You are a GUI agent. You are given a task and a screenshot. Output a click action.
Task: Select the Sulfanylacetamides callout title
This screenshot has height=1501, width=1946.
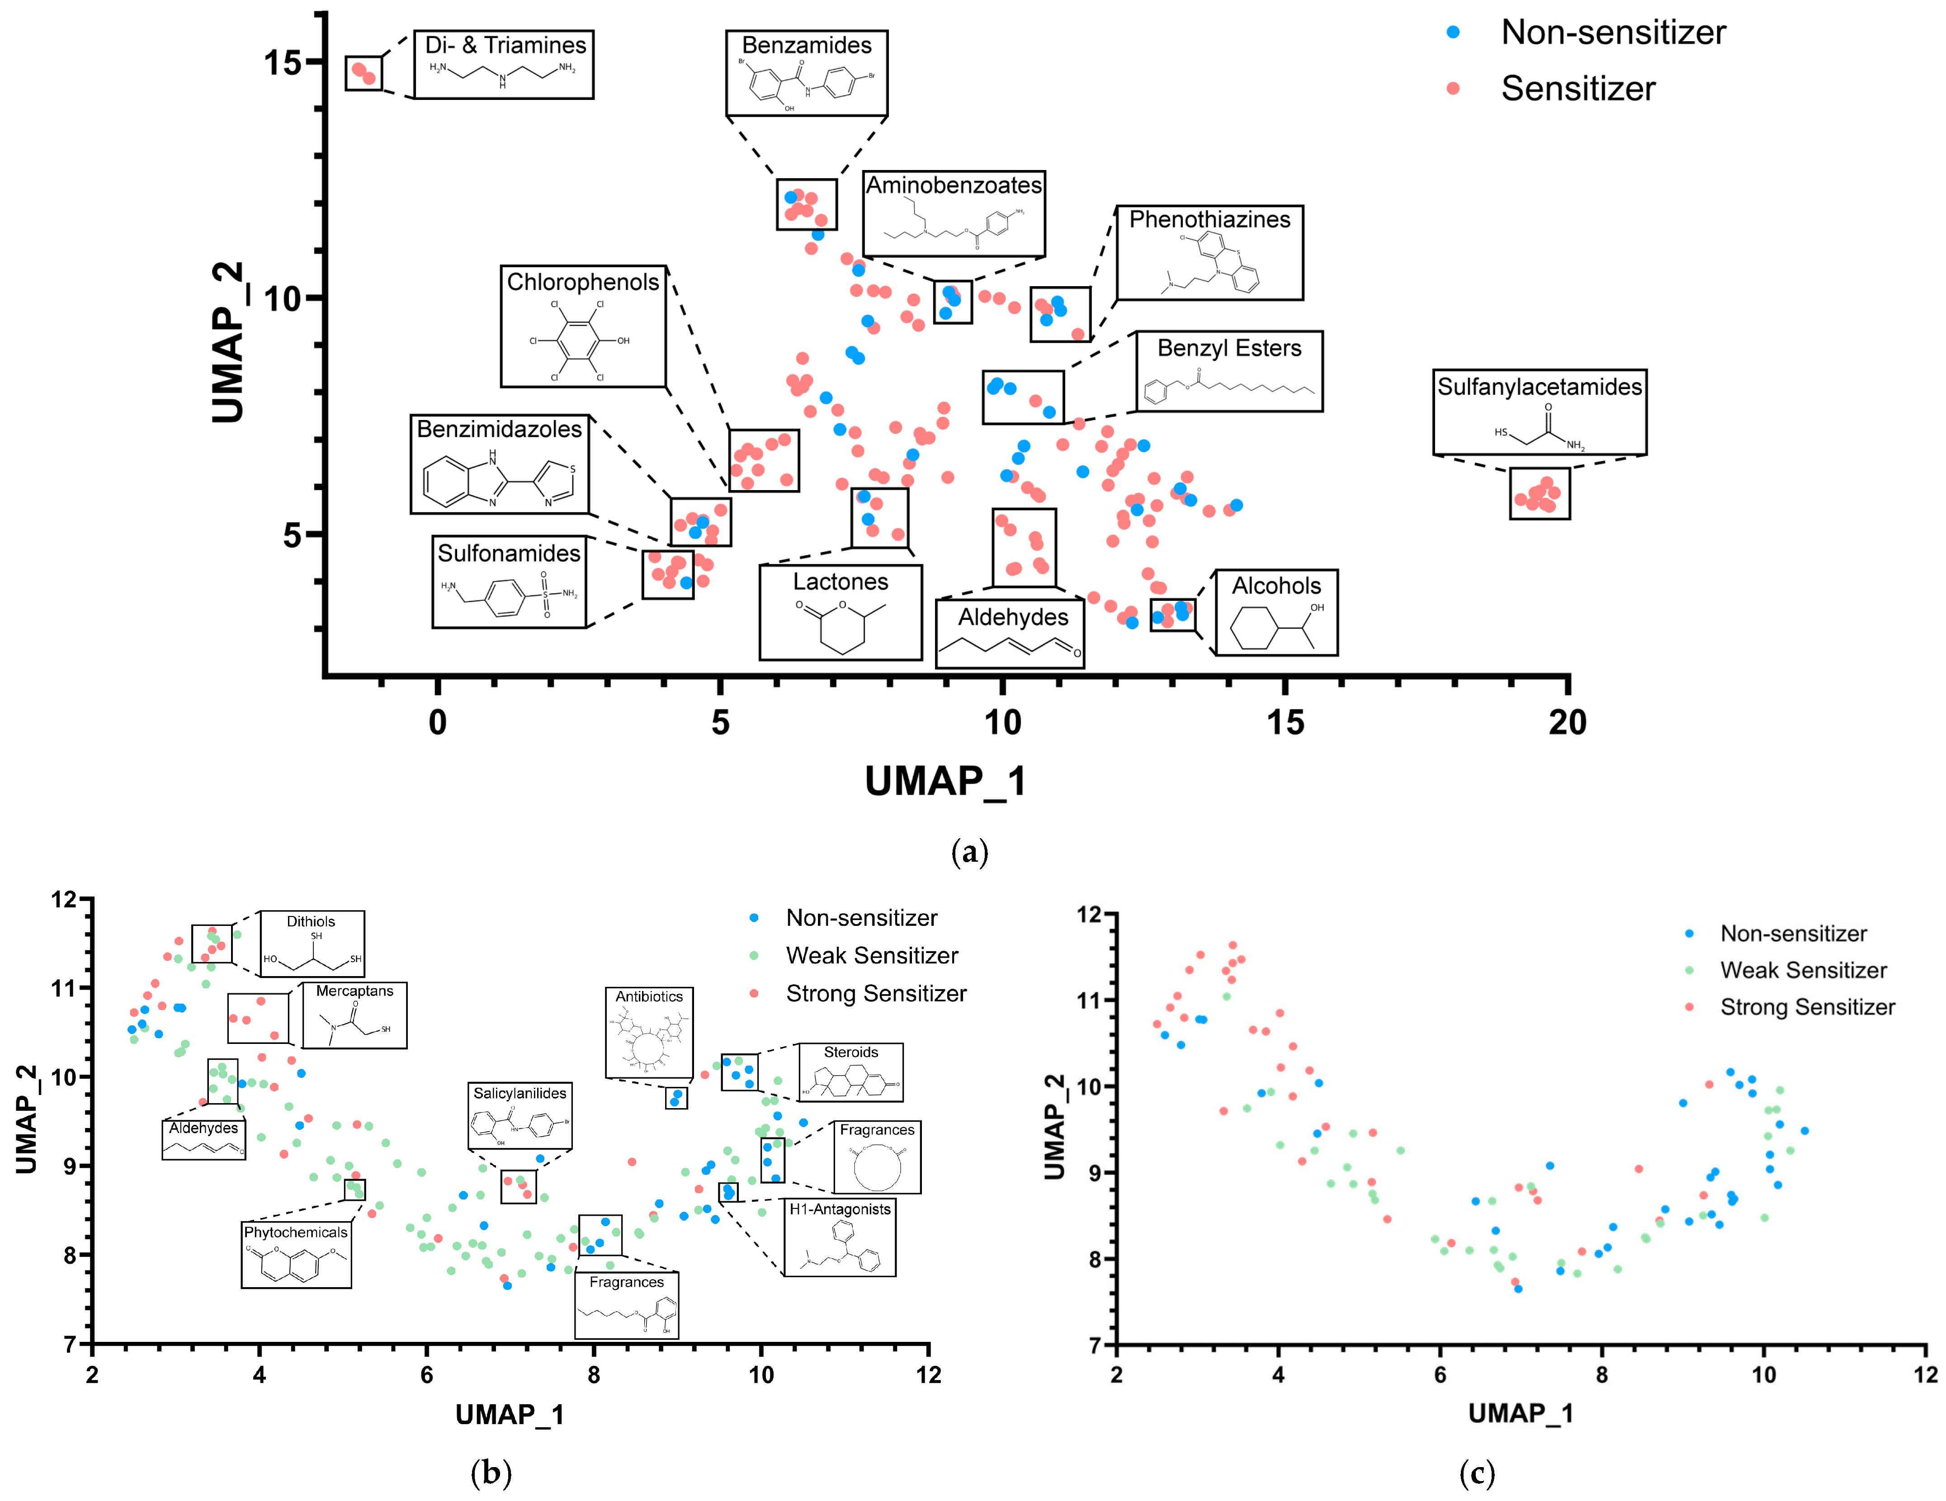click(x=1539, y=387)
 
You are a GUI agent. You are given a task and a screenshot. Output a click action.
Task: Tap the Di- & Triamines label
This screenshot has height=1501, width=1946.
click(x=505, y=45)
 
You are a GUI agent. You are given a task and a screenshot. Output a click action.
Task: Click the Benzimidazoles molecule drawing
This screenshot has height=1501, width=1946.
click(x=499, y=478)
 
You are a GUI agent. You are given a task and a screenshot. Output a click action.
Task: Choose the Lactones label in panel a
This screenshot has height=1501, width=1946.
click(x=840, y=582)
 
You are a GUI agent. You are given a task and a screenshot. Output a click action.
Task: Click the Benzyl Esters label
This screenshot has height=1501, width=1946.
click(x=1229, y=348)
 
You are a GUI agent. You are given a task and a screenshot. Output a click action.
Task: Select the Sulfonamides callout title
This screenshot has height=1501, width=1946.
click(x=509, y=553)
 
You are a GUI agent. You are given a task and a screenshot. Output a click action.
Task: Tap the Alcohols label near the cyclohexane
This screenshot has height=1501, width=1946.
click(x=1276, y=585)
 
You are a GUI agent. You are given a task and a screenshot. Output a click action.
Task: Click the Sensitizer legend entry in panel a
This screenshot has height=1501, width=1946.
click(x=1577, y=88)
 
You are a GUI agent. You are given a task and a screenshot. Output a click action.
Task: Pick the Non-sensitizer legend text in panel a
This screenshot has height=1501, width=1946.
click(x=1613, y=32)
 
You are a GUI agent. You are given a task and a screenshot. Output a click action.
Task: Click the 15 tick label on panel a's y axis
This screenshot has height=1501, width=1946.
click(x=283, y=62)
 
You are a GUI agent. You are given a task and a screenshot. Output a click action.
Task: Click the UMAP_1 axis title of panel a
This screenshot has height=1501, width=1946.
click(x=945, y=781)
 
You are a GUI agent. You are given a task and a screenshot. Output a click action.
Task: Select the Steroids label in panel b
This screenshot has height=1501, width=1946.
click(x=851, y=1052)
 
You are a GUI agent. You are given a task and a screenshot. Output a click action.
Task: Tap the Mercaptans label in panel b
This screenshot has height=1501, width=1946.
click(x=354, y=991)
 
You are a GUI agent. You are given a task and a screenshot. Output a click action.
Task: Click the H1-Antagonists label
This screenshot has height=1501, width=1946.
click(x=839, y=1209)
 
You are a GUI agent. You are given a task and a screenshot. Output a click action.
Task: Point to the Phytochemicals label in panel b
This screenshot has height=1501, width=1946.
click(x=296, y=1232)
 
